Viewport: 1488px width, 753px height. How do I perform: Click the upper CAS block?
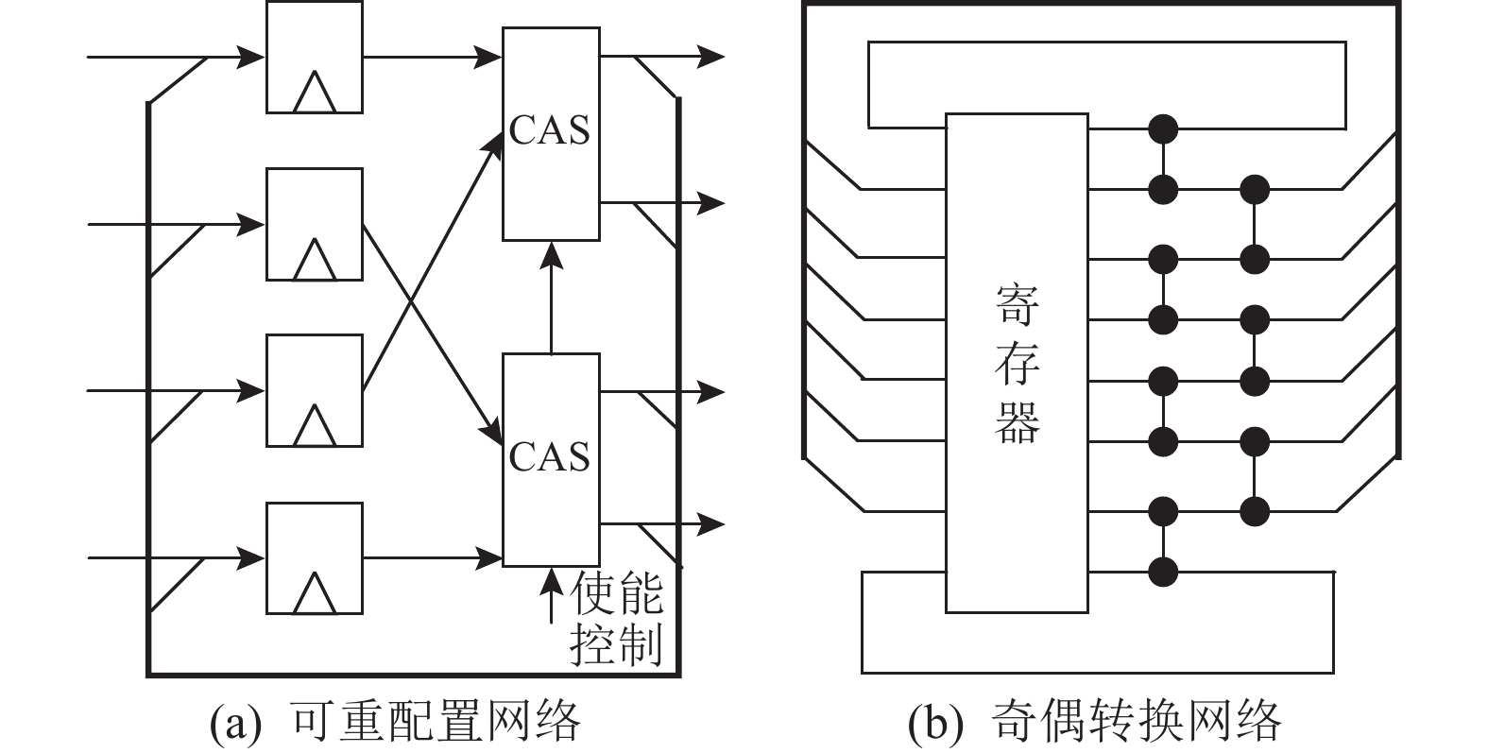550,132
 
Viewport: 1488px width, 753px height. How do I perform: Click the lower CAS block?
550,459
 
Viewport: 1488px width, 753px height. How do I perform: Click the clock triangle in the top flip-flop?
314,94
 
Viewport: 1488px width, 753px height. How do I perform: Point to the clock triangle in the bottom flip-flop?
314,595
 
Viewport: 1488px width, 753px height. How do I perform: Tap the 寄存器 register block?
1017,363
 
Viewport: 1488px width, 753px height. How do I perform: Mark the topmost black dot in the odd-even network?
1163,128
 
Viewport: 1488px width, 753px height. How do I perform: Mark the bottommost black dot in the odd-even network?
1163,571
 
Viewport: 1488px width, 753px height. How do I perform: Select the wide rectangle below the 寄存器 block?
1096,642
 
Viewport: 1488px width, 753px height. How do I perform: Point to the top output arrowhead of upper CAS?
712,57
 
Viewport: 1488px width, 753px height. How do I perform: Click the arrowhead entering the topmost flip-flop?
253,57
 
